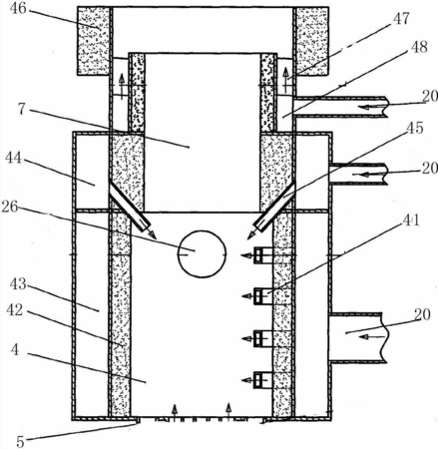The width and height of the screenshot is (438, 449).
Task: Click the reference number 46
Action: click(18, 9)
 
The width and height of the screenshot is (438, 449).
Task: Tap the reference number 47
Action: click(401, 19)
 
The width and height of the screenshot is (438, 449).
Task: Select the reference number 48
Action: click(418, 47)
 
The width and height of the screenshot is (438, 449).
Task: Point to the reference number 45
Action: click(414, 128)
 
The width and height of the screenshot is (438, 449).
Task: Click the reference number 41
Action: click(411, 221)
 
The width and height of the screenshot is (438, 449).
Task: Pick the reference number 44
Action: click(14, 158)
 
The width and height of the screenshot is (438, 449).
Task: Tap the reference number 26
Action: click(10, 207)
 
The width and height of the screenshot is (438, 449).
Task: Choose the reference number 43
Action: click(18, 284)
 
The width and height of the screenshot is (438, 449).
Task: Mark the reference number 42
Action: click(15, 310)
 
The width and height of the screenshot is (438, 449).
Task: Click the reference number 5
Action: click(20, 442)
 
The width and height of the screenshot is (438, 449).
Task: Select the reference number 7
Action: click(22, 110)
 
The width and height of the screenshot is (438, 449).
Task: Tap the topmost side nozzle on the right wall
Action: click(262, 255)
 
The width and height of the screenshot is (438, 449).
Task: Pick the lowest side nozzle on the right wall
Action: click(262, 379)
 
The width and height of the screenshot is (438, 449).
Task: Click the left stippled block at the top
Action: click(93, 41)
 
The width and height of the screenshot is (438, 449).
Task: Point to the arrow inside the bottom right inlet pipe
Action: click(372, 337)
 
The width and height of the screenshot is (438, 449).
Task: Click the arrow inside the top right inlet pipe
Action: click(373, 107)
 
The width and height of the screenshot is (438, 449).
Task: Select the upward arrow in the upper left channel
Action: click(122, 87)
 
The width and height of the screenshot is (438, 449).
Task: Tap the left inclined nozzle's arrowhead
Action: click(153, 234)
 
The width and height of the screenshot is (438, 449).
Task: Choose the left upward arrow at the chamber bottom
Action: click(174, 411)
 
